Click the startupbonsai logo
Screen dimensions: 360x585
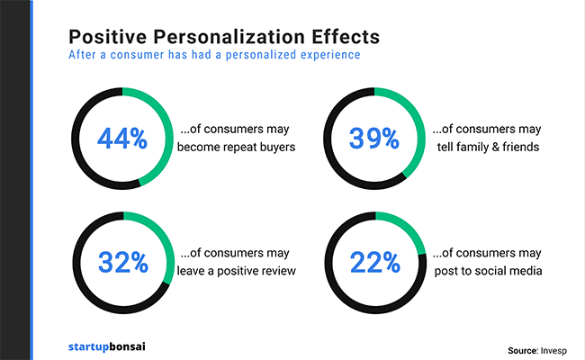click(110, 345)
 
